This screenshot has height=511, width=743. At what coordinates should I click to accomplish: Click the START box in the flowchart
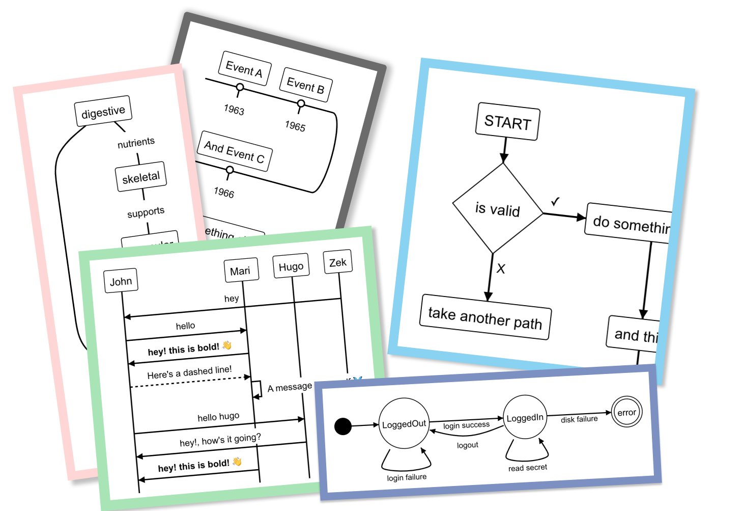[507, 122]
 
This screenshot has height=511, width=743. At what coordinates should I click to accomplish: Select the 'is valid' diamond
[498, 209]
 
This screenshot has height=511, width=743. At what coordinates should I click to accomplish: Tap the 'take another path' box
[485, 317]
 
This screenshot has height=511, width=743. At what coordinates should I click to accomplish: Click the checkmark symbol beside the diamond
[555, 202]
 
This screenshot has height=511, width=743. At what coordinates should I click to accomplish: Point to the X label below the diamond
[501, 269]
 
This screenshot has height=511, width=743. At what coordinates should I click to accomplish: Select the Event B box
[306, 85]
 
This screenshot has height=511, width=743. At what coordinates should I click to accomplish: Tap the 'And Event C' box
[235, 151]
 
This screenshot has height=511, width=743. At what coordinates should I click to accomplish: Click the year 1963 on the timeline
[234, 110]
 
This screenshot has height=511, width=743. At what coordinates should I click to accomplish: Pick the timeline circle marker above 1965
[301, 104]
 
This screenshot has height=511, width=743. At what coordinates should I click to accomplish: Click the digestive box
[103, 111]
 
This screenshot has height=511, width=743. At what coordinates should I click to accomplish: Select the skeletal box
[141, 177]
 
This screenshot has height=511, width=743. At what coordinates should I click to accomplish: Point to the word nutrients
[136, 143]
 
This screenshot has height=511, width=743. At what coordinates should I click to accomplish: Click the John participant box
[121, 281]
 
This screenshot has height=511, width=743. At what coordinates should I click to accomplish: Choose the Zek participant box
[338, 262]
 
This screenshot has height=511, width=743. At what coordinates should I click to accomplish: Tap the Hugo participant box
[291, 266]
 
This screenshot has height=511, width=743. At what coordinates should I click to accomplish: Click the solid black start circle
[343, 426]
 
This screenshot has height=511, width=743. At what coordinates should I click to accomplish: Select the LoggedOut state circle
[404, 424]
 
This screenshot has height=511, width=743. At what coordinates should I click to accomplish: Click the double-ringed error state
[626, 412]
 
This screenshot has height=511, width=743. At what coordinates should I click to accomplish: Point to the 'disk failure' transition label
[579, 419]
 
